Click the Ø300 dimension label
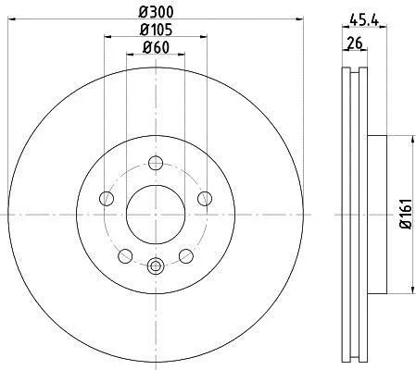coord(156,12)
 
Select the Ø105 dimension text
coord(156,30)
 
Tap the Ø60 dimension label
coord(156,48)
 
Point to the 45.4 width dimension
coord(364,20)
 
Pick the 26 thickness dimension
coord(355,43)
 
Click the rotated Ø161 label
coord(406,214)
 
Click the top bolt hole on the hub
coord(156,163)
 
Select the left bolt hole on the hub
coord(107,198)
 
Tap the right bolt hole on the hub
coord(205,198)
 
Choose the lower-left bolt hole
coord(125,256)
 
